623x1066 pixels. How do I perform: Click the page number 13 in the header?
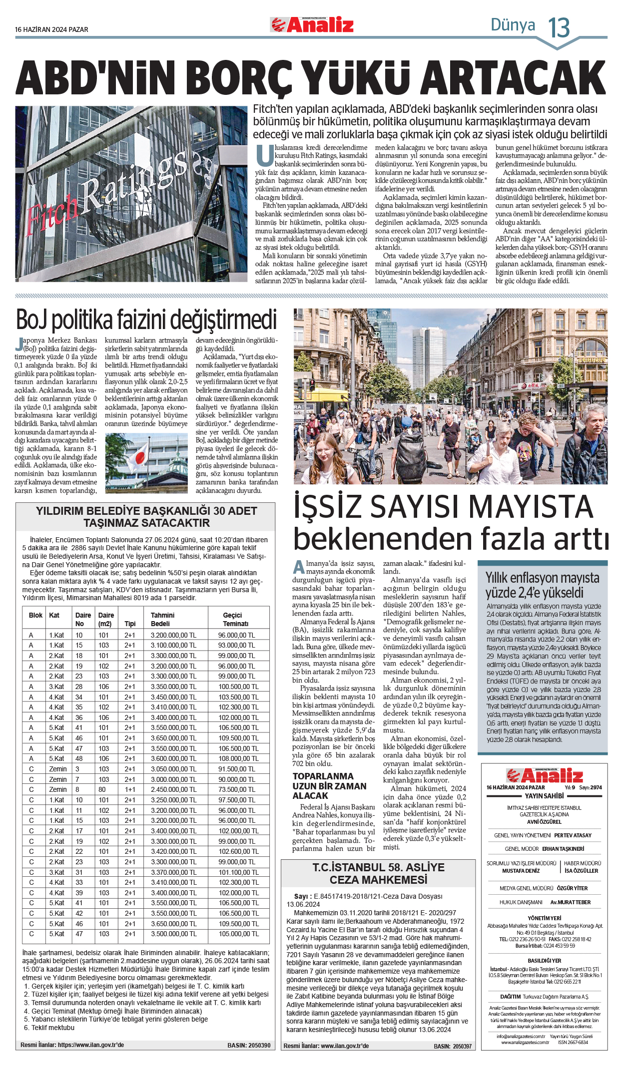559,27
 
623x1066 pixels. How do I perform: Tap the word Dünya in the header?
513,25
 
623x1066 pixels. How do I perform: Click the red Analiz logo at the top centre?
312,24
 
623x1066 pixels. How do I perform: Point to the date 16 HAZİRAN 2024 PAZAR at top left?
51,29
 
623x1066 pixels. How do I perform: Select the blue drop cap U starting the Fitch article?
264,155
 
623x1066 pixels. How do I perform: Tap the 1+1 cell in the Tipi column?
130,789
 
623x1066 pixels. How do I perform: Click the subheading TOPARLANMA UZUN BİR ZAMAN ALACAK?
329,786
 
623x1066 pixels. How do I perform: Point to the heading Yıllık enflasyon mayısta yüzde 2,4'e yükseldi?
542,585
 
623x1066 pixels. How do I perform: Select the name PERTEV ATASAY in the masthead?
573,835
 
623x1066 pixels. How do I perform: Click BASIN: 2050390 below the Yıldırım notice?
249,1045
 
